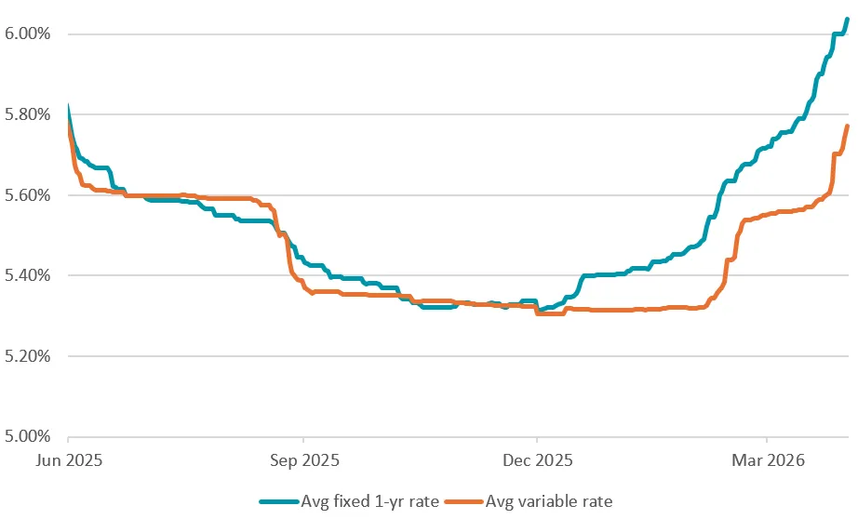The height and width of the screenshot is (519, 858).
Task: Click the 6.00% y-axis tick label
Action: (29, 34)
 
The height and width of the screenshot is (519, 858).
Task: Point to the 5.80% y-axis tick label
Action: (29, 115)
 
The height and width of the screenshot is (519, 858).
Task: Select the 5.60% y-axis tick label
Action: (29, 195)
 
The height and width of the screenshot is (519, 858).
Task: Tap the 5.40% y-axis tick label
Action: (29, 275)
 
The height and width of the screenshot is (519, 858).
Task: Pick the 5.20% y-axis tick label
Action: (29, 356)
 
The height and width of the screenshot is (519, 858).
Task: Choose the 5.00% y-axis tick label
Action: (29, 436)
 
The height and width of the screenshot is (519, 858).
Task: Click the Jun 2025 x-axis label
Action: (69, 459)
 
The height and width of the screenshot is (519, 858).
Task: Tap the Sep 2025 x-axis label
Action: (302, 459)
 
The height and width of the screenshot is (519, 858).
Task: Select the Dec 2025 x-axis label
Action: (536, 459)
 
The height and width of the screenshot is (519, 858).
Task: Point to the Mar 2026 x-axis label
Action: (767, 459)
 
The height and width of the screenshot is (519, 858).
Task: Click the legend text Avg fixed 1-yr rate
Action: (369, 501)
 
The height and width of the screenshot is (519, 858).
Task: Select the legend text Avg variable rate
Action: (549, 501)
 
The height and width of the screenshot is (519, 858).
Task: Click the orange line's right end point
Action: (847, 126)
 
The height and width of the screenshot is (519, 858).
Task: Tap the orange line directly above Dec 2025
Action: (537, 312)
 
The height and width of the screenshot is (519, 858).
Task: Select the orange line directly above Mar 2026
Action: (767, 214)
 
